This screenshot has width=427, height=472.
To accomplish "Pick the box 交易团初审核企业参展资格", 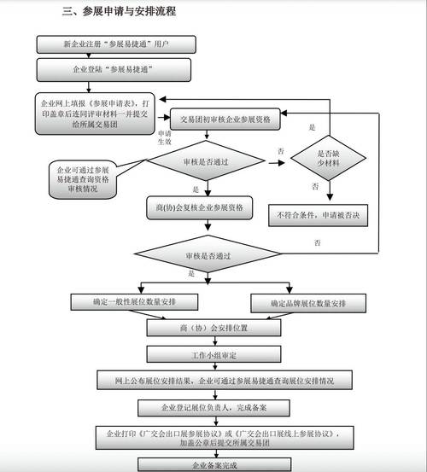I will click(225, 120).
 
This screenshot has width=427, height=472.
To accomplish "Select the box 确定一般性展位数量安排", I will click(137, 302).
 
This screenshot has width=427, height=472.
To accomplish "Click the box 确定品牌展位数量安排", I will click(307, 302).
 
